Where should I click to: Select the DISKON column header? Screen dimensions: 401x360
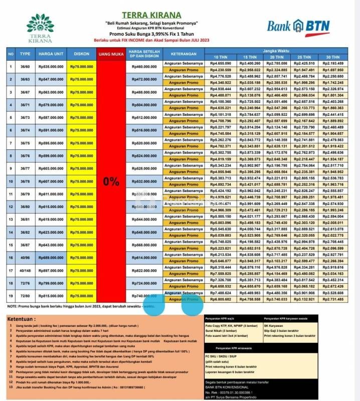[x=81, y=54]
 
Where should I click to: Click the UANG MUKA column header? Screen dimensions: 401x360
[x=111, y=54]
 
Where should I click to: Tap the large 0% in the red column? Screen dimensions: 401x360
[x=111, y=182]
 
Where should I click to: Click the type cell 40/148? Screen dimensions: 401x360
[x=25, y=271]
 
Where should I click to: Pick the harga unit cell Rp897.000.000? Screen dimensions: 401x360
[x=50, y=271]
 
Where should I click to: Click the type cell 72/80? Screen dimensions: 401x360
[x=25, y=296]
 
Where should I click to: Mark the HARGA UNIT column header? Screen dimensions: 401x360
[x=50, y=54]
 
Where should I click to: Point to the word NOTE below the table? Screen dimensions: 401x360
[x=13, y=306]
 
